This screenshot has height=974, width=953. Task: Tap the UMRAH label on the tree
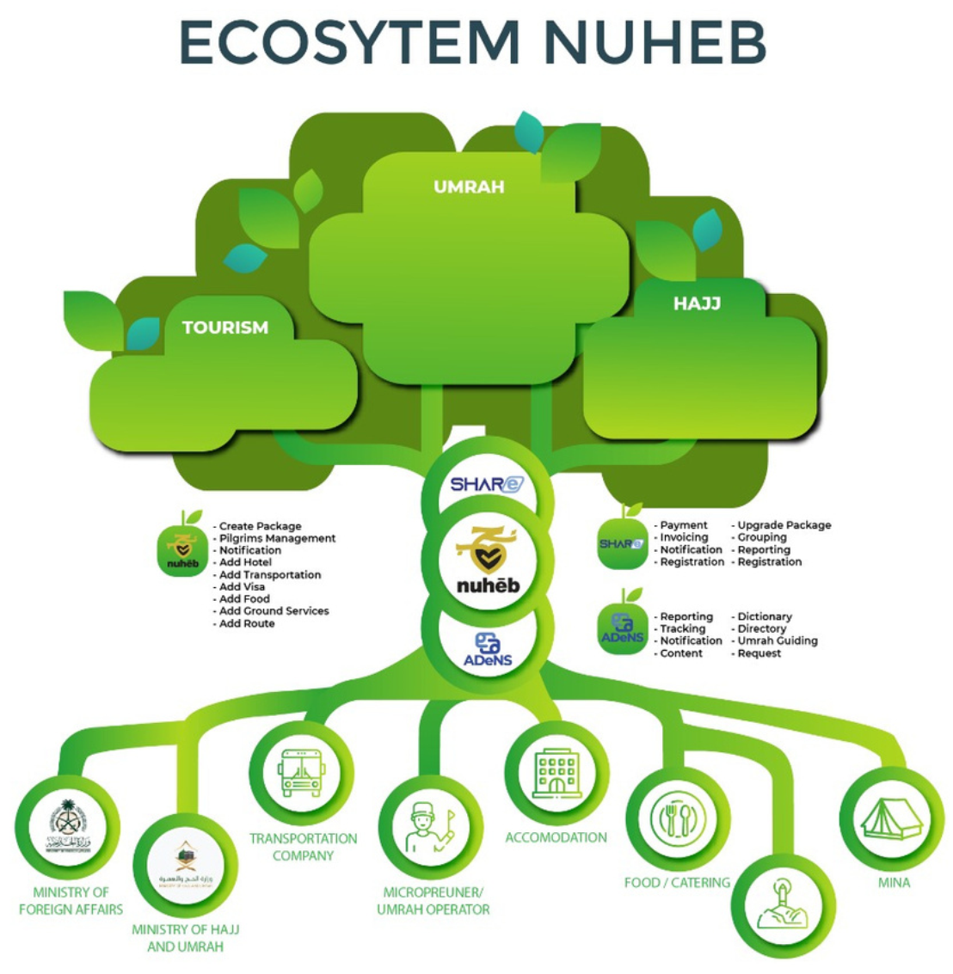click(469, 187)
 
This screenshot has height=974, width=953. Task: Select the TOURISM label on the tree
click(225, 328)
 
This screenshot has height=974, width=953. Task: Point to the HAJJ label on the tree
click(697, 303)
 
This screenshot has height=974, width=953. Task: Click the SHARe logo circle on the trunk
click(487, 485)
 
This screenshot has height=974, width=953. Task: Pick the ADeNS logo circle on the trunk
click(488, 650)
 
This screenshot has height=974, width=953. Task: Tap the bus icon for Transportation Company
click(300, 771)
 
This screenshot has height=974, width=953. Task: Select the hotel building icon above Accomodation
click(556, 771)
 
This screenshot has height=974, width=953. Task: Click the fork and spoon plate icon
click(678, 818)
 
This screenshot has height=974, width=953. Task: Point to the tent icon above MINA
click(892, 818)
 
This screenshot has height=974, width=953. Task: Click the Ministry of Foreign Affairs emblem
click(68, 827)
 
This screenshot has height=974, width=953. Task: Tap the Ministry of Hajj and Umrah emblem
click(186, 865)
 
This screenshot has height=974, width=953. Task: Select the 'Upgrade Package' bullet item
click(784, 525)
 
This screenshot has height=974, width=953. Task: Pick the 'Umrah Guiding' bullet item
click(777, 640)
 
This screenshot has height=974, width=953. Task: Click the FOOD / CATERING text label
click(677, 882)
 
